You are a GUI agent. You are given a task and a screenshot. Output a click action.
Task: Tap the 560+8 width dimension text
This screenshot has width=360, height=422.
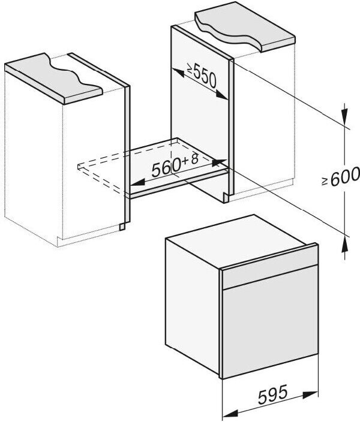pyautogui.click(x=174, y=167)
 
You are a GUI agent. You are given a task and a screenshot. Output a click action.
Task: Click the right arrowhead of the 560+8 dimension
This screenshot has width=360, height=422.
pyautogui.click(x=219, y=162)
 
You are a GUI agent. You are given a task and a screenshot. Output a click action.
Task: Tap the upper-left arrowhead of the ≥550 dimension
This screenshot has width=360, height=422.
pyautogui.click(x=176, y=73)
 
